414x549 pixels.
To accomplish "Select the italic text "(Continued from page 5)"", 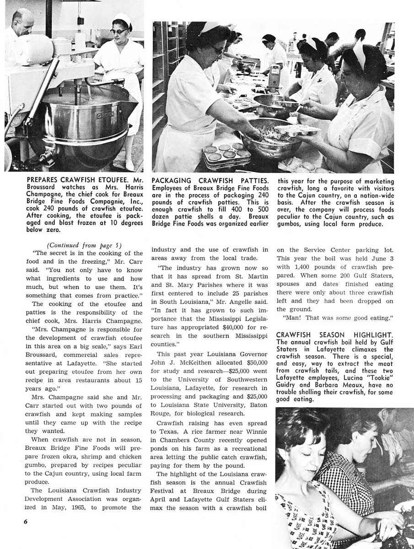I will click(x=85, y=245).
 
